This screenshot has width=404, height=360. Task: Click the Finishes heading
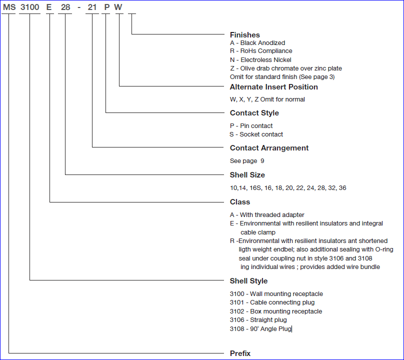point(245,35)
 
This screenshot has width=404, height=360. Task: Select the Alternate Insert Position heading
point(273,87)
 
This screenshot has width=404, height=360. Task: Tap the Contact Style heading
point(254,113)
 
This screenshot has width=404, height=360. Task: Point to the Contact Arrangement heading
point(269,148)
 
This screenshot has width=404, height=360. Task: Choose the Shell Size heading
point(247,175)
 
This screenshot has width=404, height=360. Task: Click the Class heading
point(239,202)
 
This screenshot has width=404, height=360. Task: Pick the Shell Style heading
point(248,281)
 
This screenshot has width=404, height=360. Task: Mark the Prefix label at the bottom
point(240,353)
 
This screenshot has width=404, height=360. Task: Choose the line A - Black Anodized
point(257,43)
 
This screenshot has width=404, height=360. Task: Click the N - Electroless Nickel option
point(260,60)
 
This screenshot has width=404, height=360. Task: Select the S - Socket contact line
point(256,134)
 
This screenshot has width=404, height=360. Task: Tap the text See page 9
point(247,161)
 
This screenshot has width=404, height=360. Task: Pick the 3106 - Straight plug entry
point(258,320)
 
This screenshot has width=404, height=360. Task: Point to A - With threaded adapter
point(267,215)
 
